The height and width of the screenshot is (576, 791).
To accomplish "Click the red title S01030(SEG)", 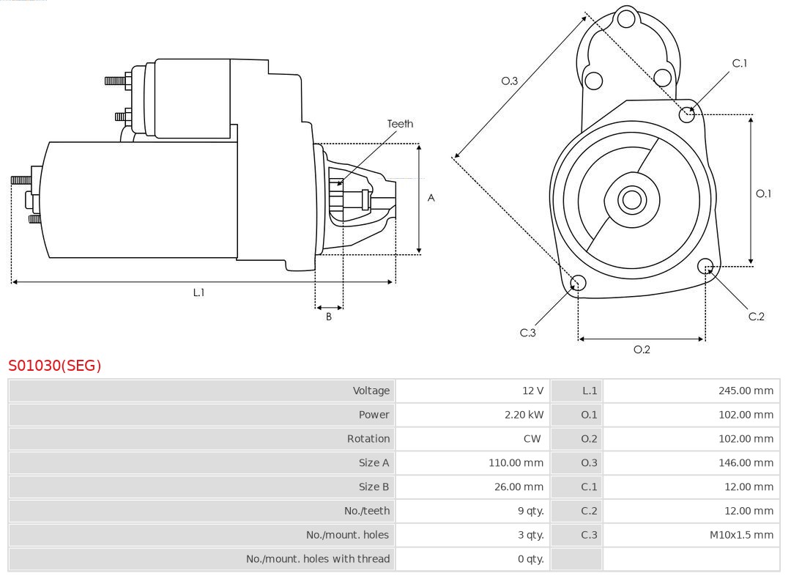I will [x=55, y=365].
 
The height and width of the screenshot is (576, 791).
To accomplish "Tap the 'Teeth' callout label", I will [x=400, y=124].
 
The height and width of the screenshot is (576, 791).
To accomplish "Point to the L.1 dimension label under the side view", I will [x=198, y=292].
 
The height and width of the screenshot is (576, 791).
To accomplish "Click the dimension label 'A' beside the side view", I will [x=431, y=198].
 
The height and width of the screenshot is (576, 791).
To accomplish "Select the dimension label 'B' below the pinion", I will [x=329, y=317].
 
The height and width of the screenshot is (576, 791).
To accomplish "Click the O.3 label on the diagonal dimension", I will [x=510, y=81].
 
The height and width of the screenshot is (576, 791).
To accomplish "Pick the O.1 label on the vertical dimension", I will [x=763, y=193].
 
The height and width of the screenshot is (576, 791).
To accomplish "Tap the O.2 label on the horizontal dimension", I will [x=642, y=350].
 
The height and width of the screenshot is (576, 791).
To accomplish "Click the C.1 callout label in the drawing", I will [x=740, y=64].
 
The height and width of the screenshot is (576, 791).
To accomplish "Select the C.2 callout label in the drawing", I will [x=756, y=317].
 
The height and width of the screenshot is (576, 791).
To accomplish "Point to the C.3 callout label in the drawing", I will [x=528, y=333].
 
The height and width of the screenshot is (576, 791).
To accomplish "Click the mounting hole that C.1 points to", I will [x=687, y=114].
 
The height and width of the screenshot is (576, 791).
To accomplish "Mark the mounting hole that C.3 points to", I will [x=578, y=284].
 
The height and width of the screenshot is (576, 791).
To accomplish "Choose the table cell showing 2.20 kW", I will [x=524, y=415].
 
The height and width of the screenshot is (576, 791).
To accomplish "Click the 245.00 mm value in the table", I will [x=746, y=391].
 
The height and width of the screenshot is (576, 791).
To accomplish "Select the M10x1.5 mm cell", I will [x=741, y=535].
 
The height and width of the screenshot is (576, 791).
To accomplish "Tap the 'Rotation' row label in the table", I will [x=368, y=439].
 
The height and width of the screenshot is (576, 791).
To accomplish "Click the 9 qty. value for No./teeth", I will [x=530, y=511].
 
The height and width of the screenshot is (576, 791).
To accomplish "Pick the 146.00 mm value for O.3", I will [x=746, y=463].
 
